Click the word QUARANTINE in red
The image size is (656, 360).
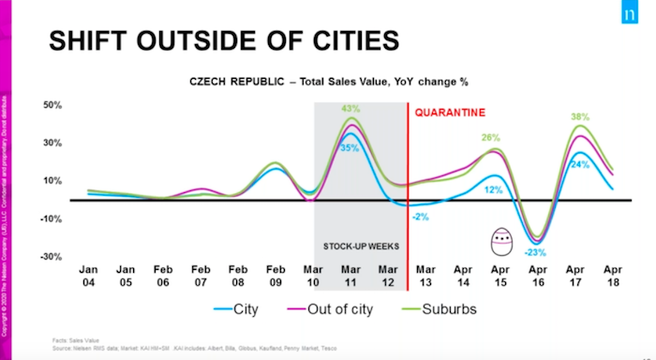tap(449, 112)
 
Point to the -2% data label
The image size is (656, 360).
tap(419, 217)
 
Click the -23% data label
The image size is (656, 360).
tap(534, 251)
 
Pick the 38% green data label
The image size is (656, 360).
tap(580, 117)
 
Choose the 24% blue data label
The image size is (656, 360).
tap(580, 165)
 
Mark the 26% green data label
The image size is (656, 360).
tap(491, 139)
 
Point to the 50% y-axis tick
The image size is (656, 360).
tap(52, 105)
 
